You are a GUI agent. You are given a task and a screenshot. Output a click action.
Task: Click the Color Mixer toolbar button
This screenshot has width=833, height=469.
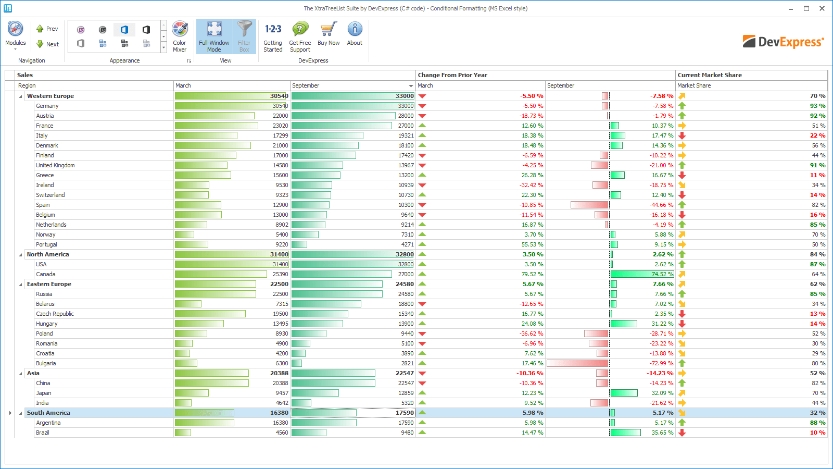tap(180, 36)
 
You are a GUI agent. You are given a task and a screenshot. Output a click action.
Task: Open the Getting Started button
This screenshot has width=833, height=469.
tap(273, 36)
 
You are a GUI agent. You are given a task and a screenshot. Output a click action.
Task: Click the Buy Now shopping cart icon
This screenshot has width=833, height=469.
tap(329, 29)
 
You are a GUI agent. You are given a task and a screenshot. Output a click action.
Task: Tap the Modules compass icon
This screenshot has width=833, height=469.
tap(15, 29)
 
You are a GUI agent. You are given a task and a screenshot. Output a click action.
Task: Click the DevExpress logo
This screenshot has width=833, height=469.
tap(783, 42)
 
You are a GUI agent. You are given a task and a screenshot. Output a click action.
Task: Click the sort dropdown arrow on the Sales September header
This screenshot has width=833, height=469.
tap(411, 86)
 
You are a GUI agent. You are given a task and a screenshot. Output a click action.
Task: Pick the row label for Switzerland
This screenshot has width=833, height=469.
tap(50, 195)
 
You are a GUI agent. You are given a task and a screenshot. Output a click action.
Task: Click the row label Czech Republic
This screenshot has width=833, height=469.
tap(55, 314)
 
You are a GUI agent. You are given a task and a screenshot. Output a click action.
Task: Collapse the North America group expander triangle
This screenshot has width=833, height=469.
tap(20, 255)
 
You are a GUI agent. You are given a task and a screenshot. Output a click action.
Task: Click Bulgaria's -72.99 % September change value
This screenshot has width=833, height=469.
tap(661, 363)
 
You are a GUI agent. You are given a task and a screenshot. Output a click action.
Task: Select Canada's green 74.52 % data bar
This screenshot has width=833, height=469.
tap(642, 274)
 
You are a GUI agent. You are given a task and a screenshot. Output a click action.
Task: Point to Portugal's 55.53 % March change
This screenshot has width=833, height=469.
tap(532, 244)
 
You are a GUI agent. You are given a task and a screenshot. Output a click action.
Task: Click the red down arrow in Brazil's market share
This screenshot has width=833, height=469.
tap(682, 433)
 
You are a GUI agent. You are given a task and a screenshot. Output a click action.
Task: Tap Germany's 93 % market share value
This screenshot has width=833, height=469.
tap(818, 106)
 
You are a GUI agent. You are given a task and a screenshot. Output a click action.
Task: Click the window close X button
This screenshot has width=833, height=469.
tap(822, 8)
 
